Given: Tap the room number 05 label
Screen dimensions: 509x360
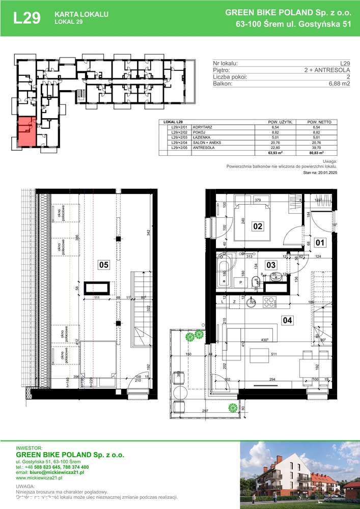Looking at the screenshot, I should [104, 265].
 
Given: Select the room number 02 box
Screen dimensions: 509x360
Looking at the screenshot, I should [258, 226].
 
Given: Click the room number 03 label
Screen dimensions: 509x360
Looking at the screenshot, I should [271, 265].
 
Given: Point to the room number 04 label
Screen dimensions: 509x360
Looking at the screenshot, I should [287, 321].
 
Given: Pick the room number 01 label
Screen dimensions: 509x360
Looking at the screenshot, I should [319, 242].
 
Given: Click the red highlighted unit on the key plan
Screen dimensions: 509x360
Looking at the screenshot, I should [26, 131].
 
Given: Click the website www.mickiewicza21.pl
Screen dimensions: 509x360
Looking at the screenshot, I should [39, 478].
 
